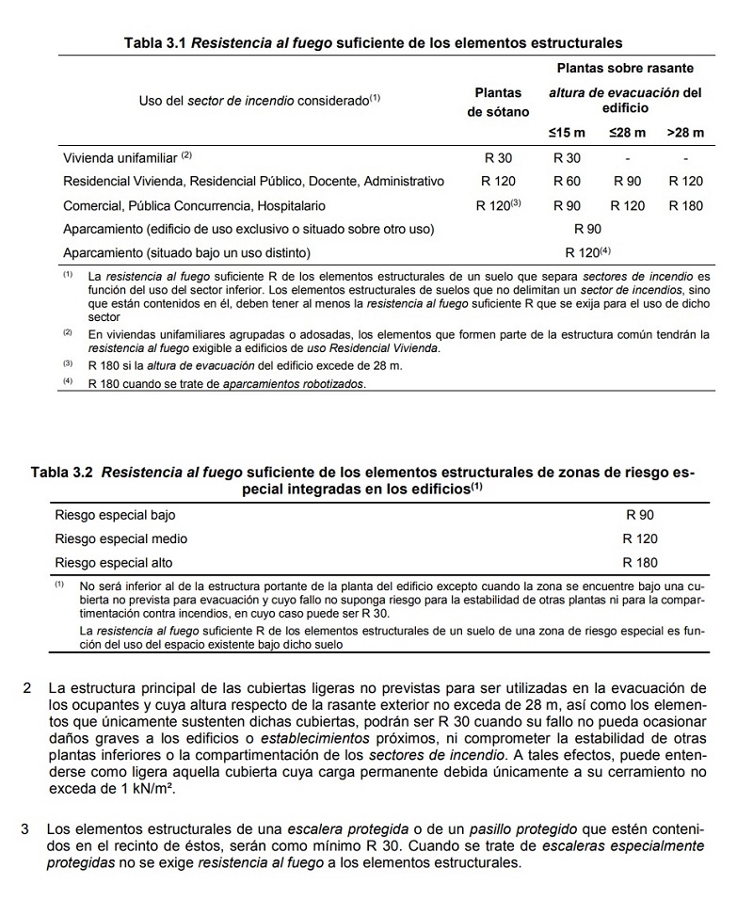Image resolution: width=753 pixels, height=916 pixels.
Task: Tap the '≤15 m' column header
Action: tap(567, 133)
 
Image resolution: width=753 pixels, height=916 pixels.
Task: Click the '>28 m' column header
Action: tap(685, 133)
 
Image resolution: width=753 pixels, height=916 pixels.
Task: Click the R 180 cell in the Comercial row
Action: tap(685, 205)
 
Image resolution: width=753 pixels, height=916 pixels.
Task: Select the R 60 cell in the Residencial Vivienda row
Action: tap(567, 181)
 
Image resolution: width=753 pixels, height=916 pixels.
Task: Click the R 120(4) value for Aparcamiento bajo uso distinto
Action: tap(588, 252)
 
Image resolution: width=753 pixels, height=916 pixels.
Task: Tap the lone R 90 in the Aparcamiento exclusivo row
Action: tap(588, 229)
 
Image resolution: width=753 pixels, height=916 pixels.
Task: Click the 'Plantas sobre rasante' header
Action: tap(625, 69)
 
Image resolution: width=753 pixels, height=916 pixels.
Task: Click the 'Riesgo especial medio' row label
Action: tap(121, 538)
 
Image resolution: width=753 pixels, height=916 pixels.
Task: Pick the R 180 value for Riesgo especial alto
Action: tap(640, 562)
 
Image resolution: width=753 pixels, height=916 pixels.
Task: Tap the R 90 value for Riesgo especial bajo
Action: tap(640, 515)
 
